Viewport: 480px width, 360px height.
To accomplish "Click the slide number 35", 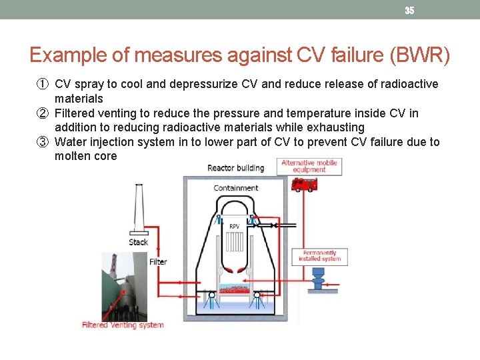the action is click(409, 10).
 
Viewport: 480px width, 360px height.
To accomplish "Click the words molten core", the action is click(85, 156).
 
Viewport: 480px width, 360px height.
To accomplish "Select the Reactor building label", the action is click(235, 167).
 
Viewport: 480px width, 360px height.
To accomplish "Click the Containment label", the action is click(235, 188).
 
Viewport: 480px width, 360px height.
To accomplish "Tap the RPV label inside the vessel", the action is click(235, 227).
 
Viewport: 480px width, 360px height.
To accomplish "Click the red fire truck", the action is click(304, 183).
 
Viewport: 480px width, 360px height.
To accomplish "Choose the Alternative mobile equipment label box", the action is click(310, 166).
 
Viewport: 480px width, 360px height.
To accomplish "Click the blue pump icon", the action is click(318, 277).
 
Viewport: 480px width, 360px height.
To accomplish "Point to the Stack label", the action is click(139, 242).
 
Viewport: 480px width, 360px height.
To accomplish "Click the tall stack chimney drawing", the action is click(139, 207).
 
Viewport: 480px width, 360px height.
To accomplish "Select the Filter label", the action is click(158, 262).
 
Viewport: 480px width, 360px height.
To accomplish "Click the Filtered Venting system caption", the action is click(123, 325).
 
